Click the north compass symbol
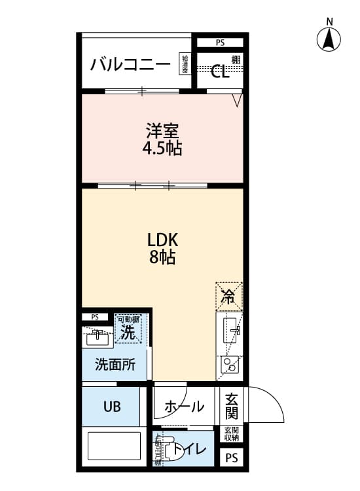tap(329, 40)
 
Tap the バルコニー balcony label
tap(130, 64)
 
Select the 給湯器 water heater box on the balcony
tap(186, 64)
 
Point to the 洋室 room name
tap(162, 130)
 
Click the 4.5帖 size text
tap(162, 148)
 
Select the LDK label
tap(162, 239)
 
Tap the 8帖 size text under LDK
tap(162, 257)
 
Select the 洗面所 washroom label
tap(115, 365)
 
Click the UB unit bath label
tap(111, 406)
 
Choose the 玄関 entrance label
tap(232, 405)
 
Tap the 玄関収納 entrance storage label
tap(232, 434)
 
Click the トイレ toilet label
tap(190, 450)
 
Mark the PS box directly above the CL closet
tap(219, 43)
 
